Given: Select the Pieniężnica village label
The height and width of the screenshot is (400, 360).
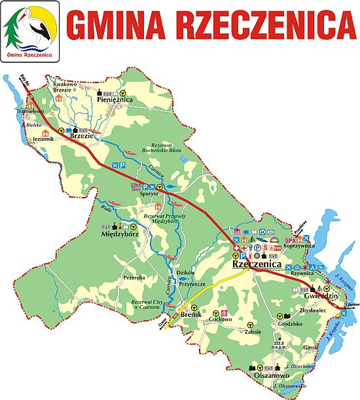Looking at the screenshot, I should [115, 100].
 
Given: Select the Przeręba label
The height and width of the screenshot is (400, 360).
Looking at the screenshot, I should [134, 277].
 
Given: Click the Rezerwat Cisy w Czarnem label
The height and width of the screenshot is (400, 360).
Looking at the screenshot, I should [144, 304].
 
